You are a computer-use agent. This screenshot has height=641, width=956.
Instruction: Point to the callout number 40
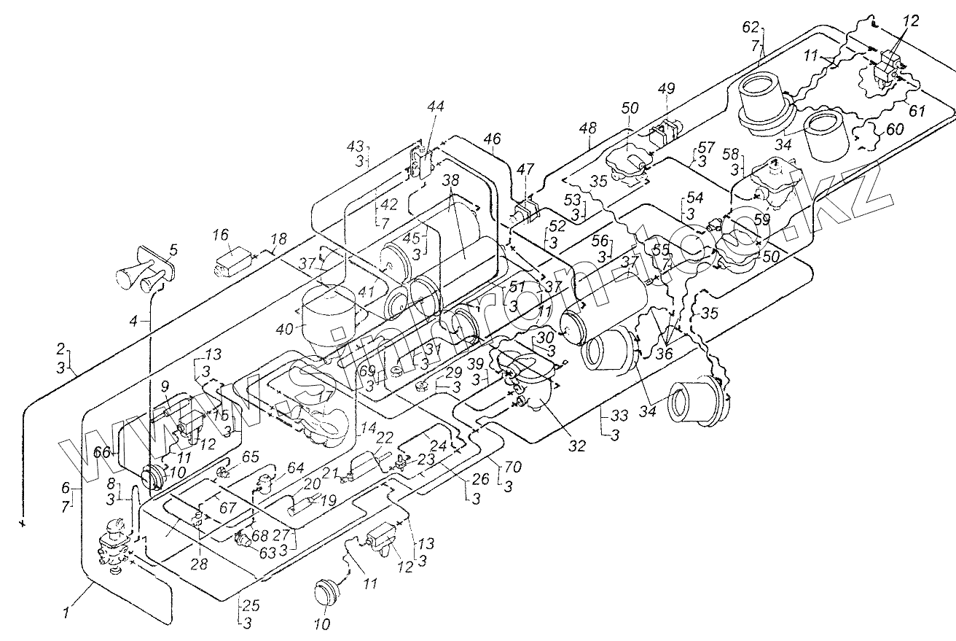284,329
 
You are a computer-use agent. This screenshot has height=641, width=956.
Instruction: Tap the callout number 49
666,88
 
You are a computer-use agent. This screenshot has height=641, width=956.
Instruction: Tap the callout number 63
267,551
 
